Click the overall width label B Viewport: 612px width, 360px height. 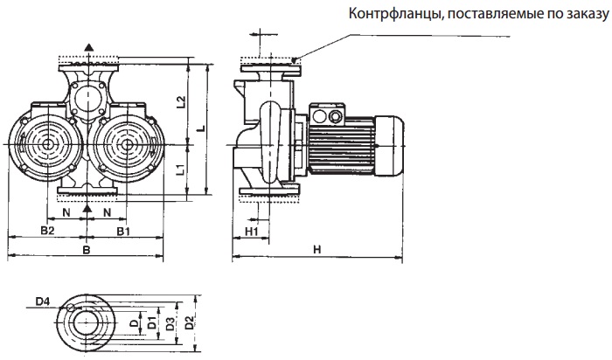(x=85, y=251)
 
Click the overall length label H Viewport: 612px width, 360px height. (x=316, y=251)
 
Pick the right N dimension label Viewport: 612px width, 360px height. (x=107, y=211)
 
